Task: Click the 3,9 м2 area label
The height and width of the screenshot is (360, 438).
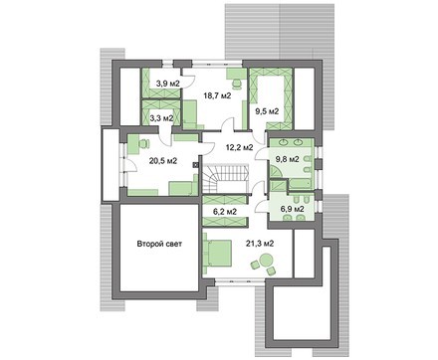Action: [168, 84]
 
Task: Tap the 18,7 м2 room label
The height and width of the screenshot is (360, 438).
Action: [217, 95]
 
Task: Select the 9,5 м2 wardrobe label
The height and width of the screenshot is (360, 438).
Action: [267, 111]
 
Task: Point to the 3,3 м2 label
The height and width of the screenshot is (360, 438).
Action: [161, 118]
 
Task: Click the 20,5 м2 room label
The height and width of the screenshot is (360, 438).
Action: [163, 161]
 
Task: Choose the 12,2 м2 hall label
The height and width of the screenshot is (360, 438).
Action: [239, 147]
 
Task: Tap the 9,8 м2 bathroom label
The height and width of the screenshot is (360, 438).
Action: [288, 159]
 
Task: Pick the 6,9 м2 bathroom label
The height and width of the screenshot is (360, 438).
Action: [293, 209]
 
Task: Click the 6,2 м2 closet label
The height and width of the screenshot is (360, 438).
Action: [225, 211]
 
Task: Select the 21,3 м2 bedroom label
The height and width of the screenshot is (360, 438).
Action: [260, 244]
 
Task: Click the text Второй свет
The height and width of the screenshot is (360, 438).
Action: [159, 244]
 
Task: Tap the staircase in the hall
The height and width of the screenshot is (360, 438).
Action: [226, 178]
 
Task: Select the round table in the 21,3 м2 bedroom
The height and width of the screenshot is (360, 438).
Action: [265, 259]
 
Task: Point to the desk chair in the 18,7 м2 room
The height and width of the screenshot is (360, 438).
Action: [237, 84]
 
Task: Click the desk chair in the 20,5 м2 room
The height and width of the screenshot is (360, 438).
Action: [143, 144]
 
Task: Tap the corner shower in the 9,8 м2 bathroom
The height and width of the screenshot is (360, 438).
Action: [276, 172]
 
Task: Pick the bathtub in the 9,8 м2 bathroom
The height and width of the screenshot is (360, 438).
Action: [301, 185]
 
